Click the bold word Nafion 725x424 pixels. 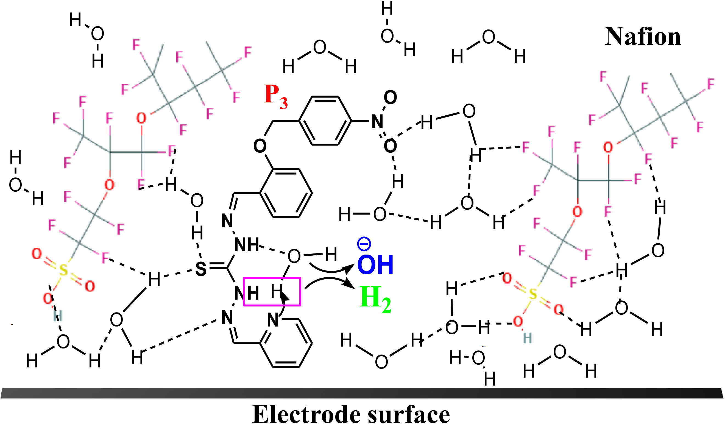tap(643, 37)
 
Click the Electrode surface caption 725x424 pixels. tap(351, 414)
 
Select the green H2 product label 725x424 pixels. tap(375, 299)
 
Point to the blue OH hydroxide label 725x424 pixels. tap(375, 265)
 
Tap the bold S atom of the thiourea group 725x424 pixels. tap(201, 269)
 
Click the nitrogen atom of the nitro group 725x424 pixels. tap(377, 121)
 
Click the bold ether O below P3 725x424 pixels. tap(260, 146)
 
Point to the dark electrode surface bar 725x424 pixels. tap(362, 393)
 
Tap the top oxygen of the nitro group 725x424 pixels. tap(390, 97)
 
